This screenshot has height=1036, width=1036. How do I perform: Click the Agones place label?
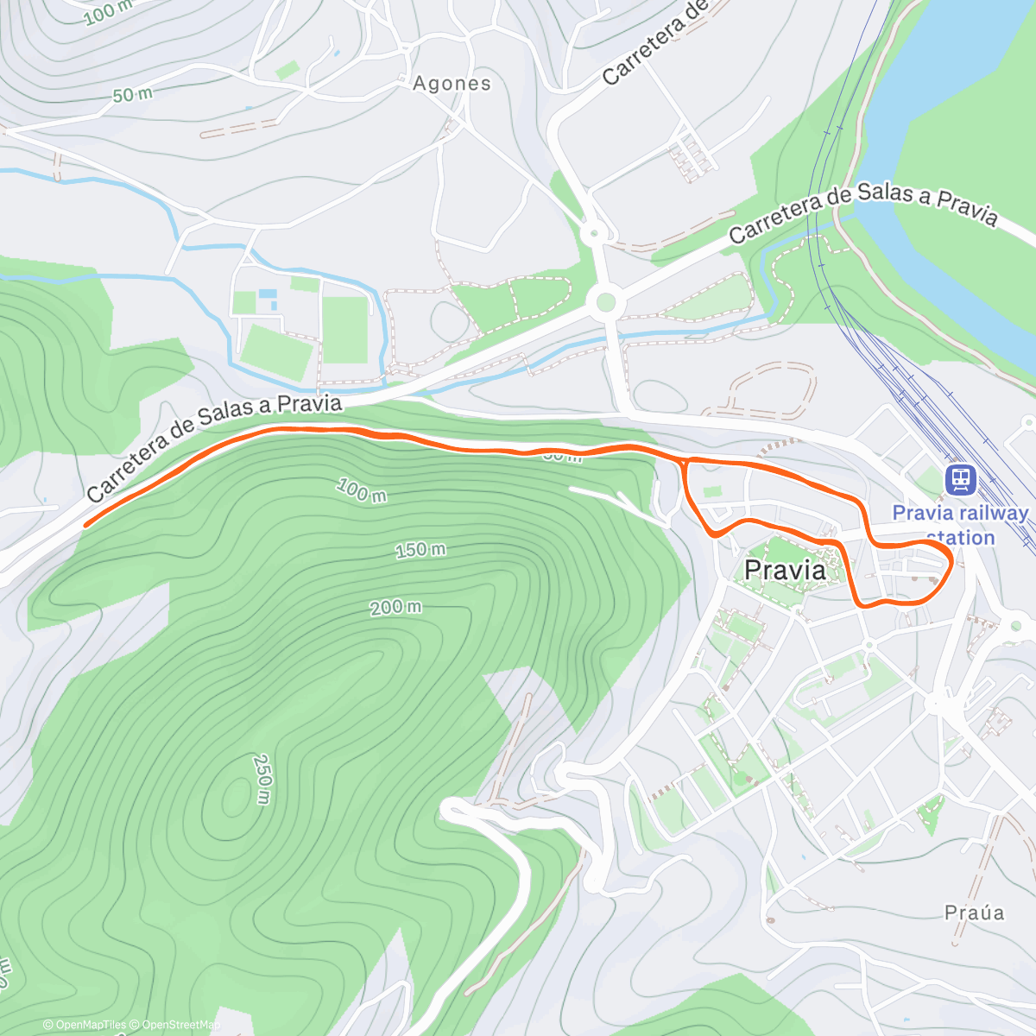click(452, 84)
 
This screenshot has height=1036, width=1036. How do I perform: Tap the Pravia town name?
click(785, 571)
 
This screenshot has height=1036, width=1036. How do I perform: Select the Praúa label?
click(974, 913)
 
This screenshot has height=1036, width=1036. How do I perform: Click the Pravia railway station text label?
click(960, 525)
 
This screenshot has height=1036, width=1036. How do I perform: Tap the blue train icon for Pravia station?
click(960, 479)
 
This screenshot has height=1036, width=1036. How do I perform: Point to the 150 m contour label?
click(420, 549)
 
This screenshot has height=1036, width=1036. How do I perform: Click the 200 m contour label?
click(395, 608)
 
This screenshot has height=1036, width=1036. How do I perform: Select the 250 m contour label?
click(262, 779)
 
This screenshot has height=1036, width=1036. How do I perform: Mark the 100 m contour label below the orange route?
click(361, 491)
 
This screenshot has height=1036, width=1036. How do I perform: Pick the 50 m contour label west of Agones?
click(132, 94)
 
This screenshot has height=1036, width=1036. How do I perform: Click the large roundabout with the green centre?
click(605, 302)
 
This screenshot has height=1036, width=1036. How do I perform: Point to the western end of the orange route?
click(85, 524)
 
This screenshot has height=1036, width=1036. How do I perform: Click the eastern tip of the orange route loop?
click(951, 561)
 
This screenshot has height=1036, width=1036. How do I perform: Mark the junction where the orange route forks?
click(685, 463)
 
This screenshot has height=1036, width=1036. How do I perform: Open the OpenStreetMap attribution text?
click(179, 1025)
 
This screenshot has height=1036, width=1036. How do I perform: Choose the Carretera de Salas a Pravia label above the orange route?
click(214, 447)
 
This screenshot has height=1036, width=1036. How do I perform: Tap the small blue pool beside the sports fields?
click(267, 294)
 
